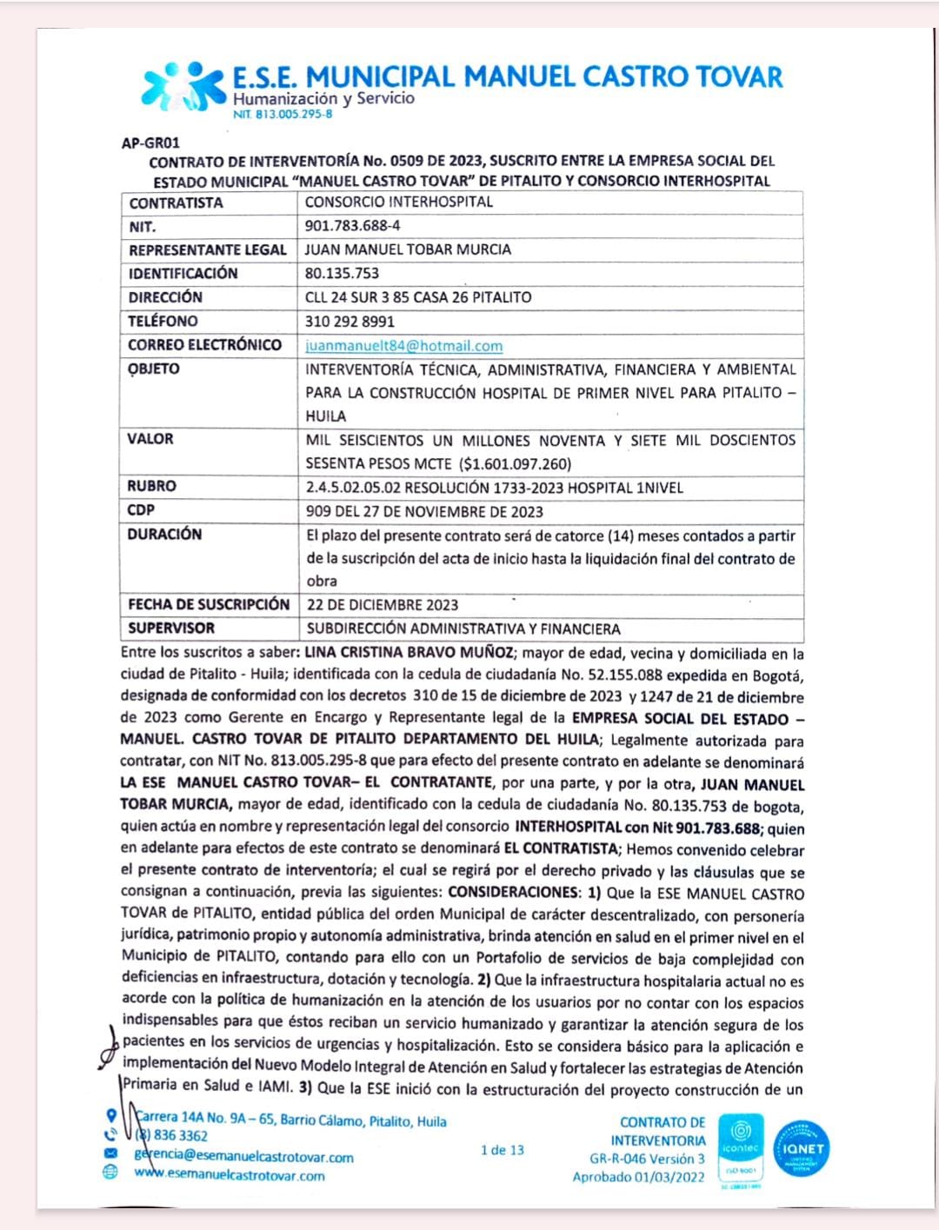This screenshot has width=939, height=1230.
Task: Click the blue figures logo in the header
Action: point(183,86)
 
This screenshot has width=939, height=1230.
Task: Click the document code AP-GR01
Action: point(150,143)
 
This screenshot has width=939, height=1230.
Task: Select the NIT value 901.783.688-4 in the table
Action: point(352,226)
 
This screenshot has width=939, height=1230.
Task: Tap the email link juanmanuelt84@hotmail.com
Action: point(403,346)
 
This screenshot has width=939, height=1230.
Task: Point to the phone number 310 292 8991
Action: point(350,322)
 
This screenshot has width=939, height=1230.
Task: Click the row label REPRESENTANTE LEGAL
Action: point(207,250)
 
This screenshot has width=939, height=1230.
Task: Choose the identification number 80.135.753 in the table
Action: point(342,274)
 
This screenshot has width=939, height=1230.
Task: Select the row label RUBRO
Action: point(151,487)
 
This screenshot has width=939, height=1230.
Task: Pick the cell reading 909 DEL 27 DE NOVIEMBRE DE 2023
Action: point(424,512)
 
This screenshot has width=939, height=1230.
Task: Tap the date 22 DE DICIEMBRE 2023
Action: point(382,605)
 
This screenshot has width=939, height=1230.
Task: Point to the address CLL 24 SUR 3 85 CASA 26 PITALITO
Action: point(418,298)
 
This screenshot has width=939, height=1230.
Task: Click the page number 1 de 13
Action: point(503,1151)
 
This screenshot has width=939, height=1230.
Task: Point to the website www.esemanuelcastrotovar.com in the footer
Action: point(230,1176)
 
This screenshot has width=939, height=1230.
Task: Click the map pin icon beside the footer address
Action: point(110,1116)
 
